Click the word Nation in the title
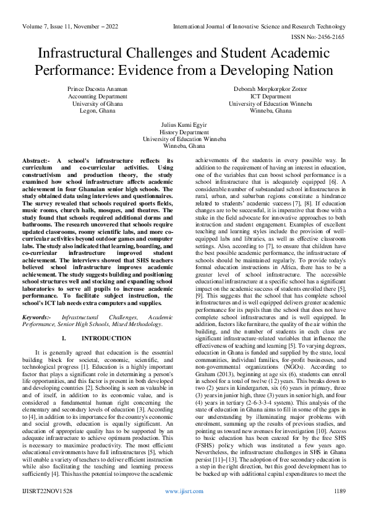[311, 70]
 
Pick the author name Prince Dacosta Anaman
[97, 89]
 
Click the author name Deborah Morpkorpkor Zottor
[270, 89]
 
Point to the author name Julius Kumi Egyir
[184, 124]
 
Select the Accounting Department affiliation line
[97, 97]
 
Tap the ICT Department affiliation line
[270, 97]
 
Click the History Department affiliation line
[184, 132]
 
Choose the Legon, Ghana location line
[97, 111]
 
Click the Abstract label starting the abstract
[36, 161]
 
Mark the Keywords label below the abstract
[37, 316]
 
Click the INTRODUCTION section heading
[106, 338]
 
